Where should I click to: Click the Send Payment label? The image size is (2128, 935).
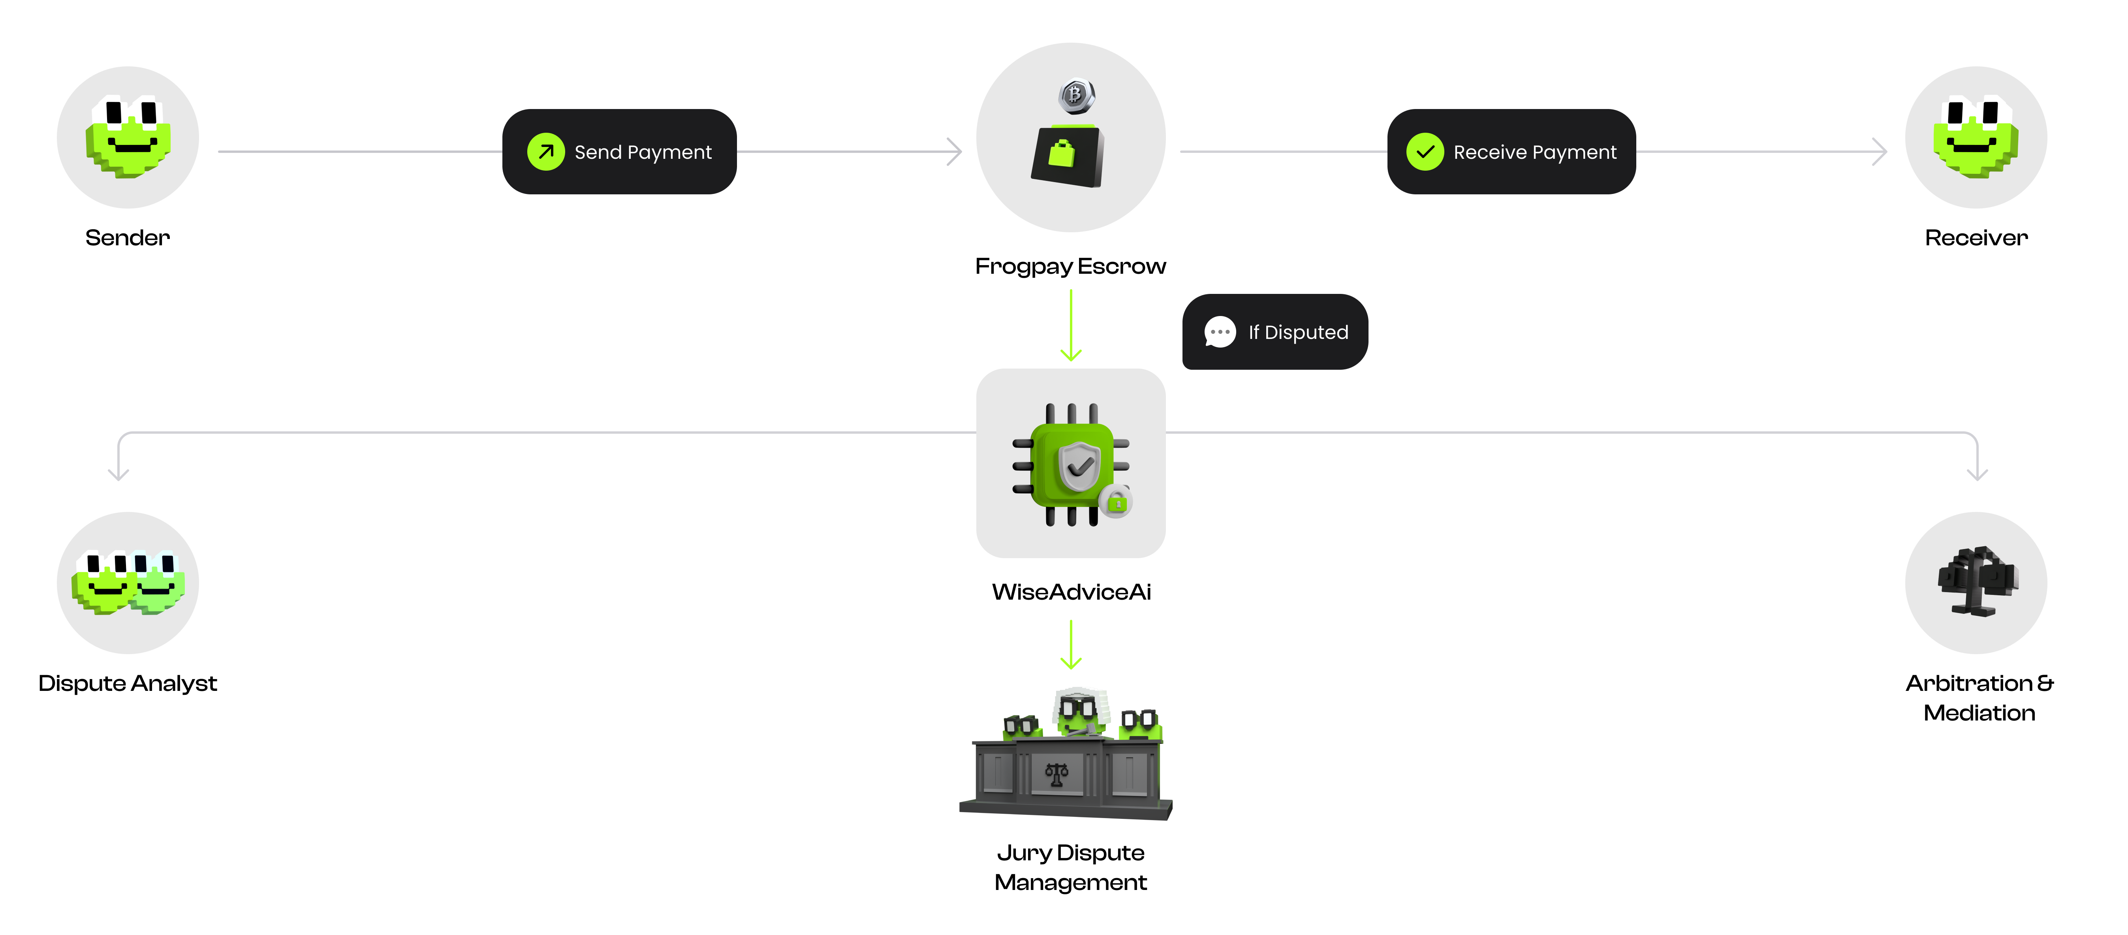click(643, 152)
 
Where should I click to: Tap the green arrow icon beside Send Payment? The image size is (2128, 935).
click(545, 152)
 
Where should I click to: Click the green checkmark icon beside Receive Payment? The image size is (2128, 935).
click(1425, 152)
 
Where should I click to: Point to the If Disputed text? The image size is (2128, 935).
click(1298, 332)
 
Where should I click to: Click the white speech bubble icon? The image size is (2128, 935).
click(1220, 332)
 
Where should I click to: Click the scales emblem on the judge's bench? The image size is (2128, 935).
click(1056, 774)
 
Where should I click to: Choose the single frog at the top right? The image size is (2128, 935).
click(1975, 137)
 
